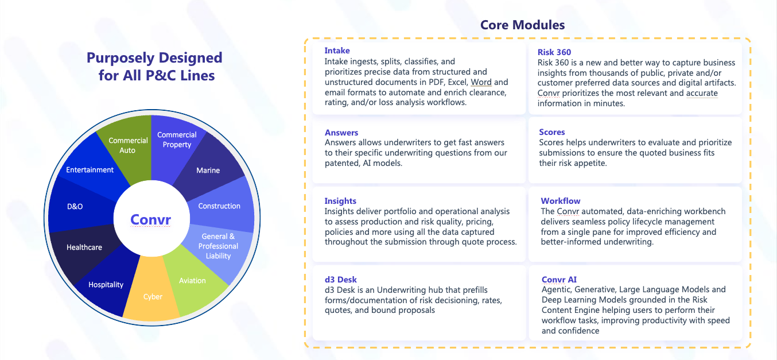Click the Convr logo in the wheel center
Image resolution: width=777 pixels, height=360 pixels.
click(x=150, y=219)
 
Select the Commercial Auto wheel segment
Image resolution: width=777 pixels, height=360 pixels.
click(x=127, y=145)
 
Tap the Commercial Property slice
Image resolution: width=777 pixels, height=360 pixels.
click(x=177, y=140)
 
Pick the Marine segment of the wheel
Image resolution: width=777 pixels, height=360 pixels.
click(x=208, y=171)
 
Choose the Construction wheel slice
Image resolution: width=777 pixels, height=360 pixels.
click(x=219, y=206)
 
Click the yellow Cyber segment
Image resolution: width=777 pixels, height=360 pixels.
click(x=153, y=297)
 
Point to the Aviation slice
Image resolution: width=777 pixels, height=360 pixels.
click(x=192, y=281)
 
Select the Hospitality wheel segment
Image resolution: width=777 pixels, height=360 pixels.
click(x=106, y=285)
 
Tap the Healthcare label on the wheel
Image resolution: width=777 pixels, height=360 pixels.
click(x=84, y=247)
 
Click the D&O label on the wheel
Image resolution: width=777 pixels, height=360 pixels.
click(x=75, y=206)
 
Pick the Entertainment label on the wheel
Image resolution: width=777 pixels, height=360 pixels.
click(x=90, y=170)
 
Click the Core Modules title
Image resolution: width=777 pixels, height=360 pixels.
click(x=522, y=25)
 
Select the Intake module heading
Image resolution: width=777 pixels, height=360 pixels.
click(x=337, y=51)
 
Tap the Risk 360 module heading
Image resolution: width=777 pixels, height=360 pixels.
click(x=554, y=52)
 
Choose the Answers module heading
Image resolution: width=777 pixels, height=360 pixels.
click(x=341, y=133)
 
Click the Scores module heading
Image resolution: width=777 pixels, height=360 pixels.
click(x=552, y=132)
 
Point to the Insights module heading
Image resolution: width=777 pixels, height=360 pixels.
click(x=340, y=201)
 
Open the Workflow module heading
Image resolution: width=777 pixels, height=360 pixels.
click(x=561, y=201)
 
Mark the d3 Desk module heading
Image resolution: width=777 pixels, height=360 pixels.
click(x=341, y=280)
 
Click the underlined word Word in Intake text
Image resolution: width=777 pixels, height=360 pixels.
click(x=481, y=82)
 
